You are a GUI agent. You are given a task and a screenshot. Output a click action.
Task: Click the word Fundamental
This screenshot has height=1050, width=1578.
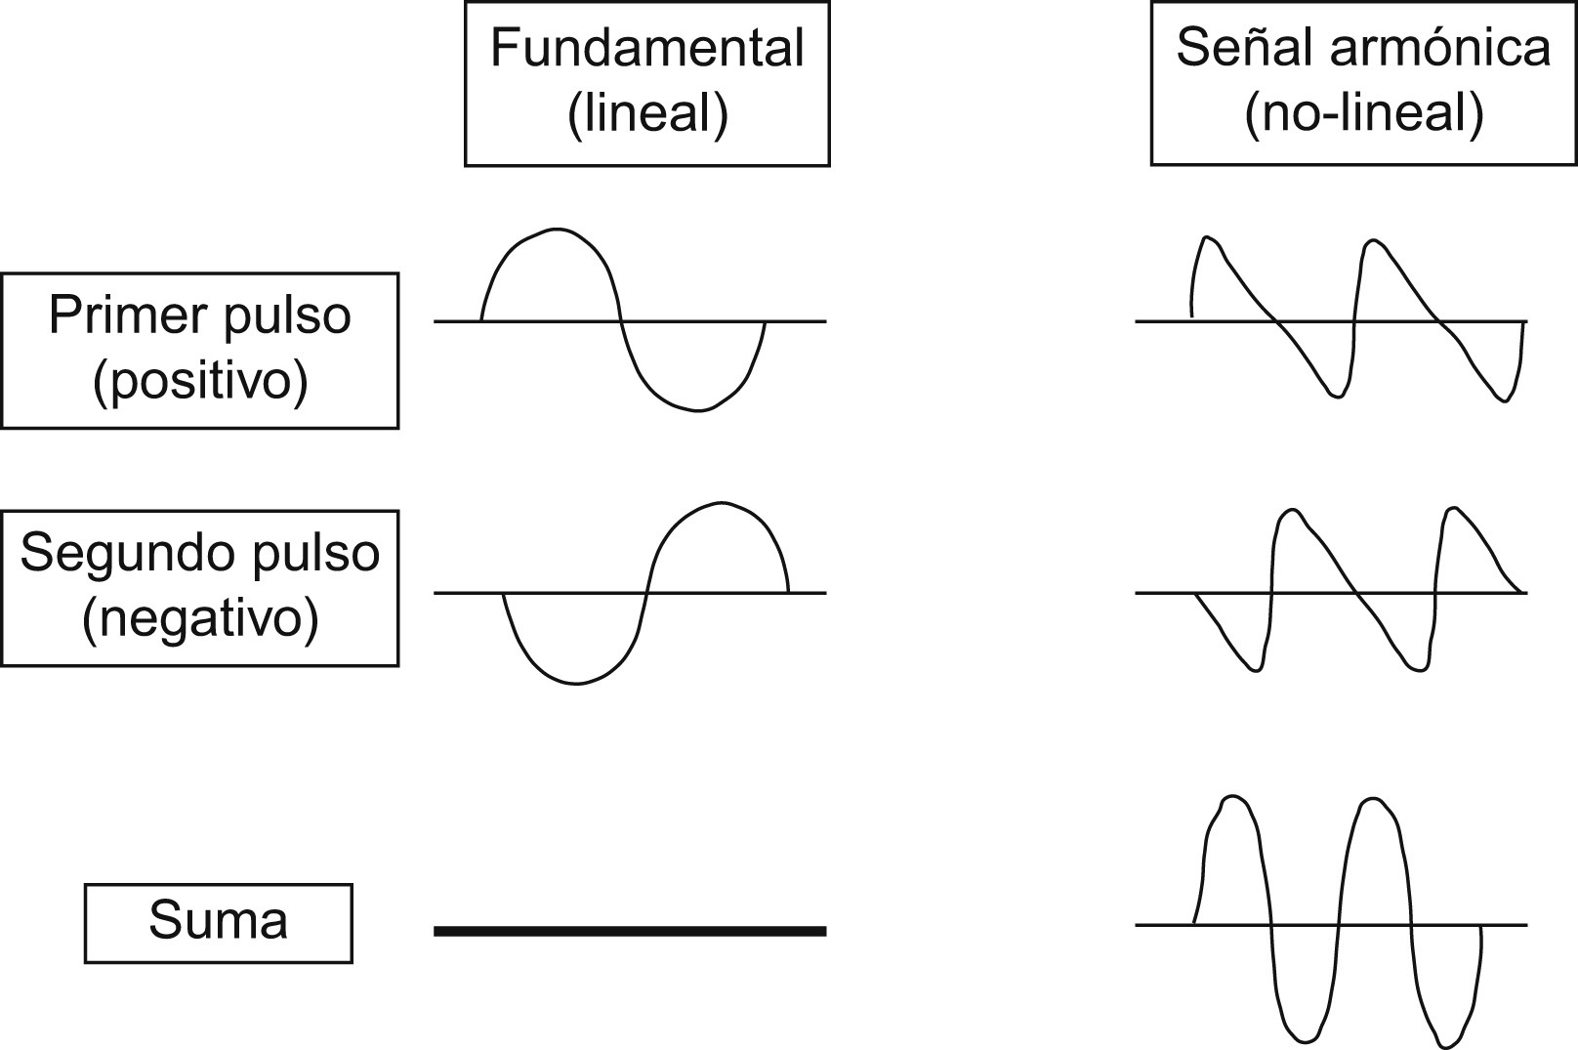pos(646,48)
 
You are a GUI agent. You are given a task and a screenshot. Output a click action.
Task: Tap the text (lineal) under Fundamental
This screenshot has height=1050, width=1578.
pos(647,113)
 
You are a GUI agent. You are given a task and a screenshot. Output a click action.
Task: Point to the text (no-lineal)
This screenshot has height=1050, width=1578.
pos(1363,113)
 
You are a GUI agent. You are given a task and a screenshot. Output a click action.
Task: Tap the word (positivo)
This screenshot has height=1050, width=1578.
pos(200,381)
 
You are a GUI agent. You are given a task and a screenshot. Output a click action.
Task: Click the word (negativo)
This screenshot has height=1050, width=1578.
pos(200,618)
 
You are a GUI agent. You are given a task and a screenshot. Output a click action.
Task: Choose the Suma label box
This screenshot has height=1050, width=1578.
pos(218,922)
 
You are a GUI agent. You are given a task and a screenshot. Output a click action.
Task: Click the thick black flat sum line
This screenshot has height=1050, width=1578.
pos(630,931)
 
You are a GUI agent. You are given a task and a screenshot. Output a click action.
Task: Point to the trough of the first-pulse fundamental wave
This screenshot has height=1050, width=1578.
pos(695,409)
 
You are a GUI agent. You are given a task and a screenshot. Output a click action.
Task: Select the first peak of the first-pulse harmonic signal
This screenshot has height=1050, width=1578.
pos(1208,238)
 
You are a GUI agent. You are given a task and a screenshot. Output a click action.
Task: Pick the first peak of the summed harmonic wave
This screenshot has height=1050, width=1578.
pos(1234,798)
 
